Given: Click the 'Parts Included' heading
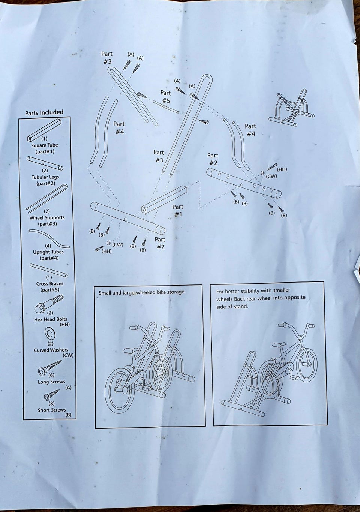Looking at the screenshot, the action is [44, 112].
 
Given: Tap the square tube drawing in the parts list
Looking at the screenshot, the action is [44, 130].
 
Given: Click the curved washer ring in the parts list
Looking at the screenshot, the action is [50, 334].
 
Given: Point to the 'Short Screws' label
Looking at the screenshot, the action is [52, 410].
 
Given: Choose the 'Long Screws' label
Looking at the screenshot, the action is [51, 382].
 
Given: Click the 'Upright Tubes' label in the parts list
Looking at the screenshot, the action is [48, 252].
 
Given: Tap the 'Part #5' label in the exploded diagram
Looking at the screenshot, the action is [166, 97].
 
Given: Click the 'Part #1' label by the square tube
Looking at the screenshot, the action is [178, 210].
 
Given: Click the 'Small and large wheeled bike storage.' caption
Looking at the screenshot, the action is [142, 292].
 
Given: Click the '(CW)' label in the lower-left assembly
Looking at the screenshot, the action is [118, 244].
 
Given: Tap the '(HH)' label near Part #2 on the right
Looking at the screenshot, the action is [282, 169].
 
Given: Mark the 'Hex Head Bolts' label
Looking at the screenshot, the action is [51, 319].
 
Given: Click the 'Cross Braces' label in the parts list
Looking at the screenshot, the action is [49, 284].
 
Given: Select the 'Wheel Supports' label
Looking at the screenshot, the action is [47, 218].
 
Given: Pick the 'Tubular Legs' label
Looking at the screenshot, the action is [45, 177].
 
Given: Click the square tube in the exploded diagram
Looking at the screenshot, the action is [164, 199].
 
